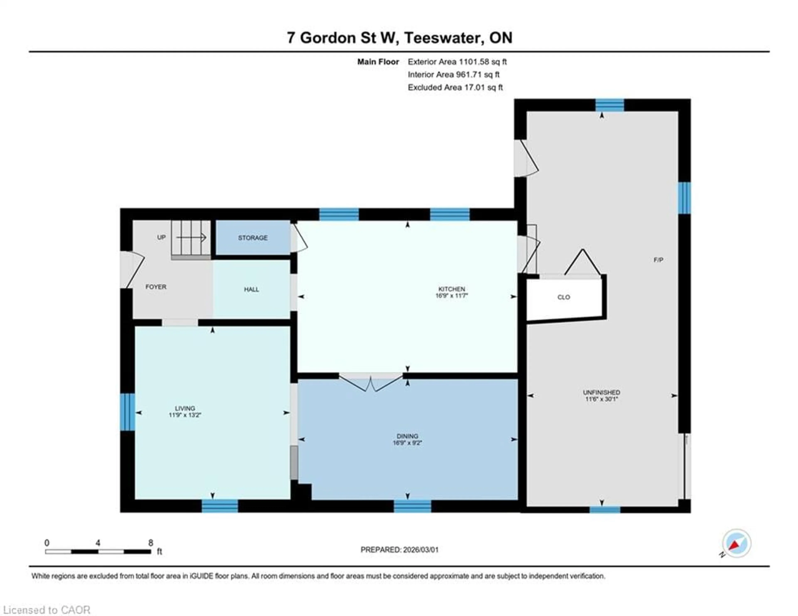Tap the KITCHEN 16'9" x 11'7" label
tap(452, 292)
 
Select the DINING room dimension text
tap(407, 443)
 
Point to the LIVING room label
tap(185, 408)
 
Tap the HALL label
tap(251, 289)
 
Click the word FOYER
tap(156, 287)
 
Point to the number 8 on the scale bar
tap(150, 543)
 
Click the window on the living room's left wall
tap(128, 412)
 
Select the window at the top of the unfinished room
tap(610, 105)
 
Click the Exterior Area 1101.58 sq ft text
tap(457, 62)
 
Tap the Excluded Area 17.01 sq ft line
tap(455, 87)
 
